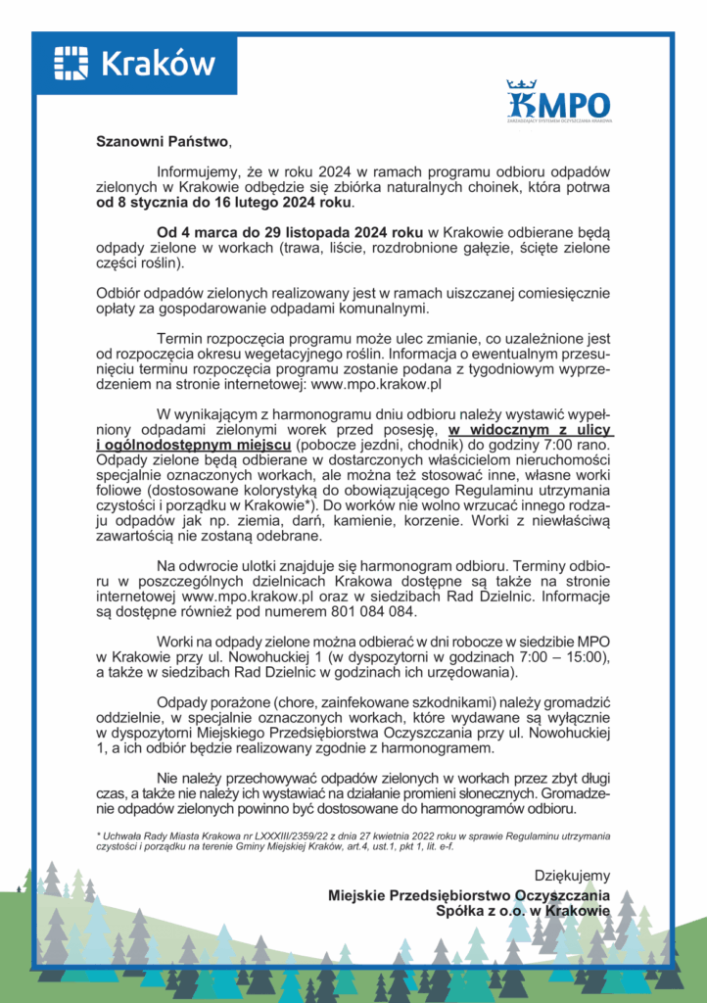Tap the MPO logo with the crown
[559, 102]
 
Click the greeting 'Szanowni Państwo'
[161, 140]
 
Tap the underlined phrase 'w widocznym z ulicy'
[530, 429]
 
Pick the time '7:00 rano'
[578, 446]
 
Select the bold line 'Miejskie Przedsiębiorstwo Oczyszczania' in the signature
[469, 894]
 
